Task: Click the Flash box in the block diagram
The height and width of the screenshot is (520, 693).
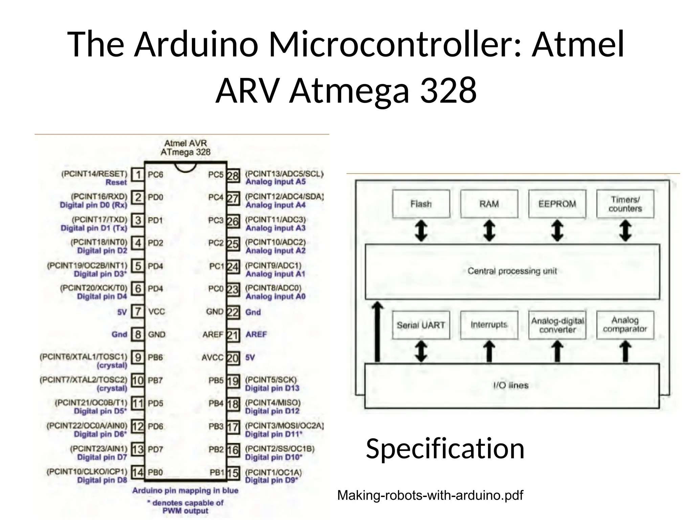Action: pyautogui.click(x=421, y=204)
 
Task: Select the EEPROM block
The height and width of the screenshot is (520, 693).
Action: pyautogui.click(x=557, y=204)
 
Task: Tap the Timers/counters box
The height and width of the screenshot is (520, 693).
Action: pyautogui.click(x=625, y=204)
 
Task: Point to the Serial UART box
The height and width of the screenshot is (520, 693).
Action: pyautogui.click(x=421, y=325)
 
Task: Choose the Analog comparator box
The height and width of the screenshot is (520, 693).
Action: pyautogui.click(x=625, y=325)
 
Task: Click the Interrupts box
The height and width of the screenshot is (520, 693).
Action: pyautogui.click(x=489, y=325)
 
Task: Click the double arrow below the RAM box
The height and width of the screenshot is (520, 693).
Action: pyautogui.click(x=489, y=231)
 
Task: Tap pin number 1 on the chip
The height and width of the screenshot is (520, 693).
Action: pyautogui.click(x=138, y=175)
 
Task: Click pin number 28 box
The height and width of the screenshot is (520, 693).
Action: pyautogui.click(x=233, y=176)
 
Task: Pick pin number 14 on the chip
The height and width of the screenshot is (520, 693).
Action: pyautogui.click(x=138, y=472)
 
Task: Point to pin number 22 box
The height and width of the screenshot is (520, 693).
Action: pyautogui.click(x=233, y=312)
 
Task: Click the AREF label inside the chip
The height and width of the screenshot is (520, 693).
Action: pyautogui.click(x=213, y=335)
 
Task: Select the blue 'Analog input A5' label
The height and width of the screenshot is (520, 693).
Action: pyautogui.click(x=275, y=182)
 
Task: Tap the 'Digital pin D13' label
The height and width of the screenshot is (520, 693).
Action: pyautogui.click(x=272, y=388)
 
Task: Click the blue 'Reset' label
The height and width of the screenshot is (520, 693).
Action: pyautogui.click(x=116, y=182)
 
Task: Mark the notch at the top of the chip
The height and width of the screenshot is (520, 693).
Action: pyautogui.click(x=185, y=167)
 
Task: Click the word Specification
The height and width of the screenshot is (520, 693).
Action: pyautogui.click(x=445, y=449)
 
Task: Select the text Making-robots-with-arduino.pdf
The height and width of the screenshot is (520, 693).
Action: pyautogui.click(x=430, y=495)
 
